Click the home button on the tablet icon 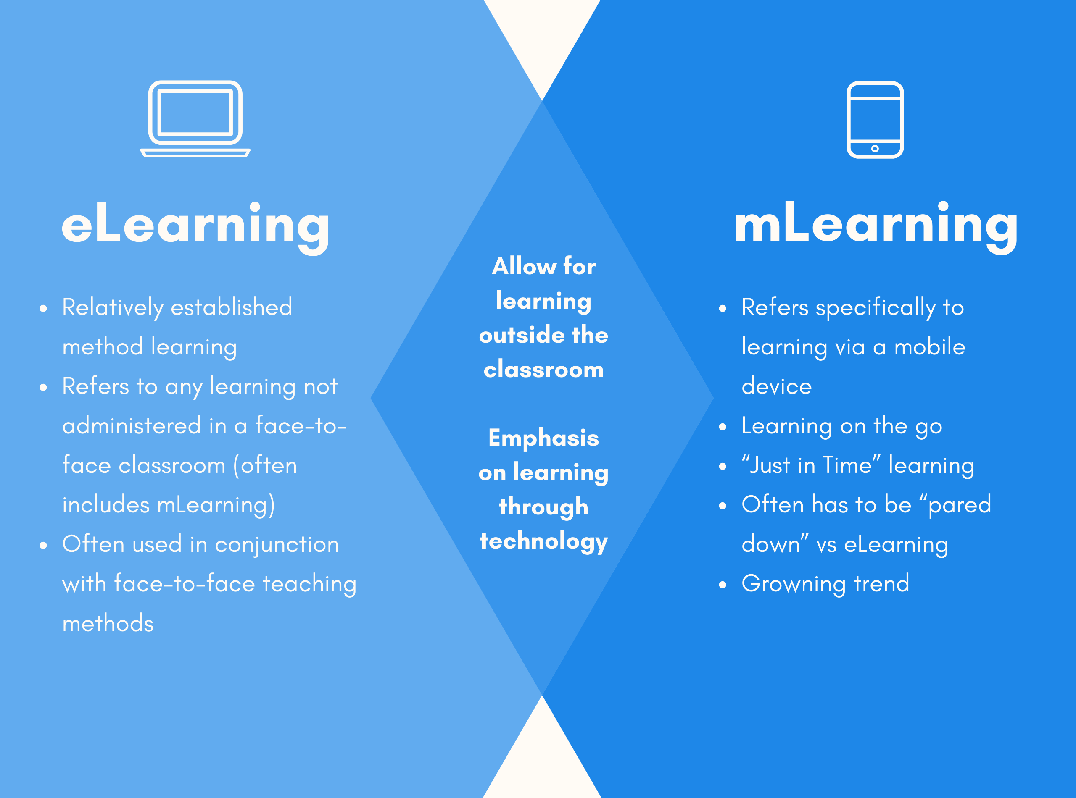pyautogui.click(x=875, y=148)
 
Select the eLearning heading pyautogui.click(x=196, y=227)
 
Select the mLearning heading pyautogui.click(x=876, y=226)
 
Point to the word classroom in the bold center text pyautogui.click(x=544, y=370)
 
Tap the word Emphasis pyautogui.click(x=544, y=438)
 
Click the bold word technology pyautogui.click(x=544, y=541)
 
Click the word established pyautogui.click(x=232, y=307)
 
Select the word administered pyautogui.click(x=132, y=425)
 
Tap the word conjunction pyautogui.click(x=277, y=545)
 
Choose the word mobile pyautogui.click(x=930, y=347)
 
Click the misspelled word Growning pyautogui.click(x=794, y=584)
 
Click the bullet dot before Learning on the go pyautogui.click(x=723, y=427)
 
